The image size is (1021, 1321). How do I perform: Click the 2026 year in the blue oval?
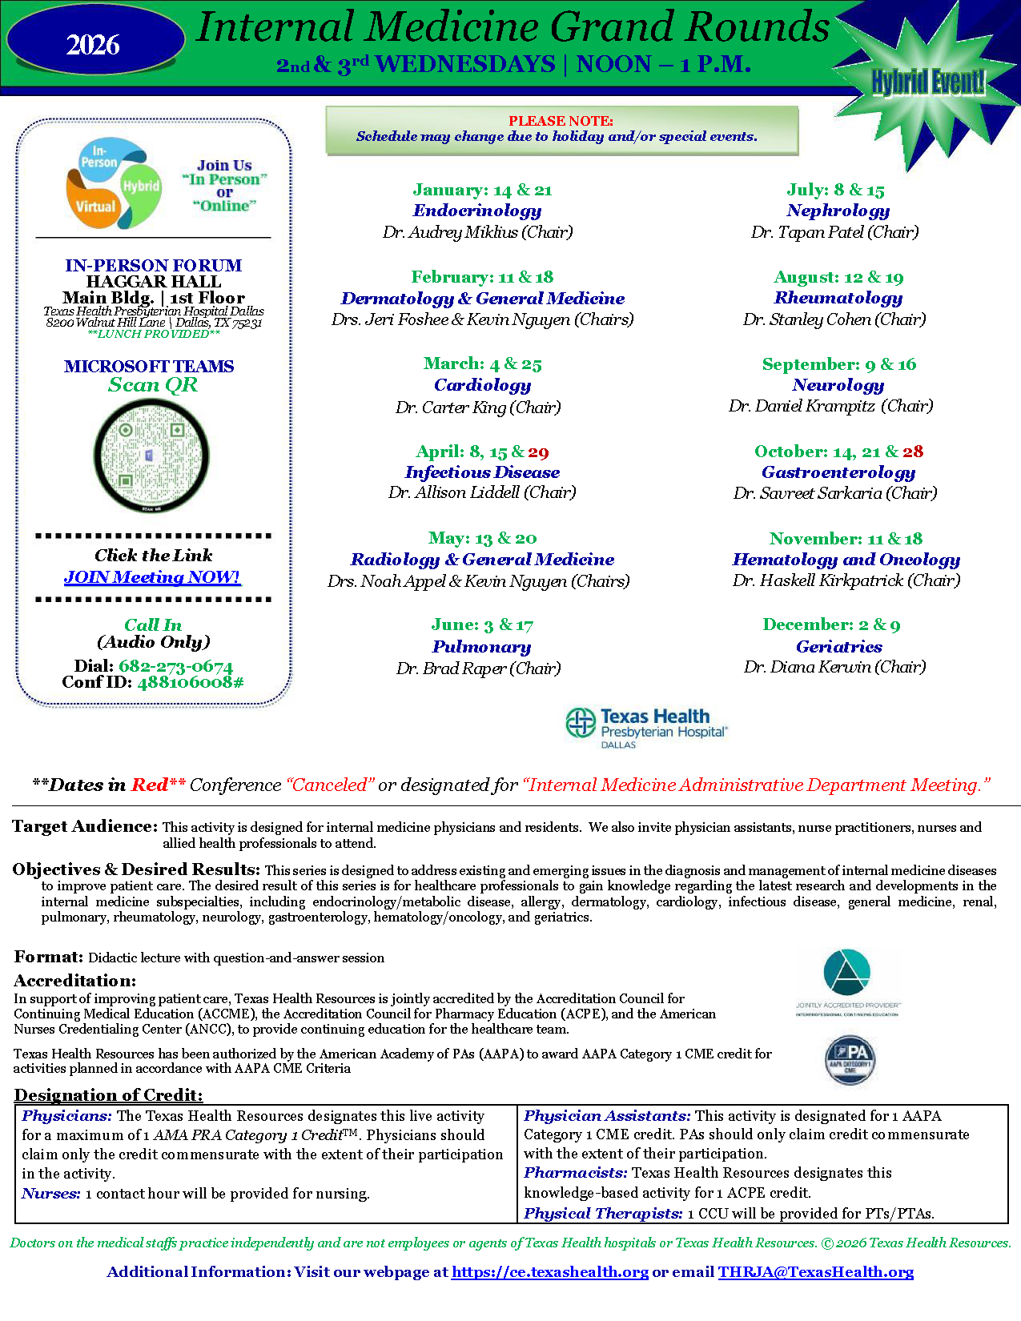click(93, 45)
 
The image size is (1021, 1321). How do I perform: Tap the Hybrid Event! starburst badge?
click(927, 82)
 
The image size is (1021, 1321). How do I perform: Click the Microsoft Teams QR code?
click(151, 456)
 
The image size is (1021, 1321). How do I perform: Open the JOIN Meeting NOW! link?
click(152, 577)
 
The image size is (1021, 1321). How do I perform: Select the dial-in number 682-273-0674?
click(175, 666)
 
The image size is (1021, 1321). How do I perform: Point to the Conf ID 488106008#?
click(190, 682)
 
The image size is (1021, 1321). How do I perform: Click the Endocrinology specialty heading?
click(477, 211)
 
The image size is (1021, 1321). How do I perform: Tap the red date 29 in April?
click(538, 452)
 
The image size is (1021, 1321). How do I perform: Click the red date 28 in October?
click(912, 452)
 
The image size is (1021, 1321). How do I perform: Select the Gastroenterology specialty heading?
click(838, 472)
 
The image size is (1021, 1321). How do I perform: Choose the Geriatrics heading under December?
click(838, 647)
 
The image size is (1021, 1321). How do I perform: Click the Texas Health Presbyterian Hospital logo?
click(646, 727)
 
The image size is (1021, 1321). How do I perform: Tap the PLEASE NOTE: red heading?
click(561, 121)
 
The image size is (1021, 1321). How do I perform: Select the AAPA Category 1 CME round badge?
click(850, 1060)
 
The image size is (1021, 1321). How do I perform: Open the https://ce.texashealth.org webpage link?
click(549, 1272)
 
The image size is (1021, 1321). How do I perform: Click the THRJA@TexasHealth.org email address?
click(815, 1272)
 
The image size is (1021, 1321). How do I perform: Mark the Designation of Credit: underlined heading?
click(109, 1095)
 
